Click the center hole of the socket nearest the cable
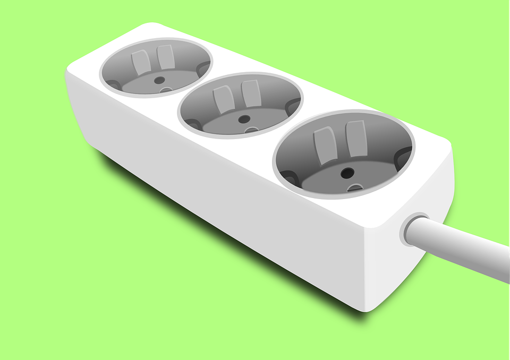pyautogui.click(x=347, y=173)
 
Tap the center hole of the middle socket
pyautogui.click(x=244, y=119)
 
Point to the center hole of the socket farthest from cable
pyautogui.click(x=158, y=80)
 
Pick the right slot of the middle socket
pyautogui.click(x=250, y=93)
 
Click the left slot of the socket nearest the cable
pyautogui.click(x=324, y=145)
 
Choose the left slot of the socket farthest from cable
pyautogui.click(x=141, y=63)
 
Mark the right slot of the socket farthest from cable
pyautogui.click(x=165, y=57)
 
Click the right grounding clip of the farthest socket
pyautogui.click(x=203, y=69)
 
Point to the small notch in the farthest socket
pyautogui.click(x=165, y=90)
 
